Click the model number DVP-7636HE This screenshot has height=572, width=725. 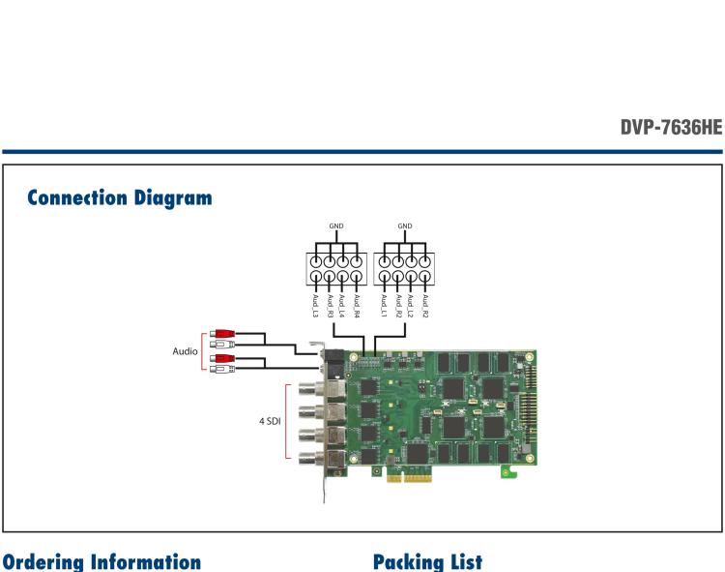click(x=670, y=126)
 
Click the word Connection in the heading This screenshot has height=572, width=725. click(x=76, y=198)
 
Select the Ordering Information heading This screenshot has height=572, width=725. click(x=101, y=561)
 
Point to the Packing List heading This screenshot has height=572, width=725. click(x=426, y=561)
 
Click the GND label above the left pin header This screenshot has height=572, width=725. click(x=336, y=226)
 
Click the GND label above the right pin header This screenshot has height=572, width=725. click(x=404, y=226)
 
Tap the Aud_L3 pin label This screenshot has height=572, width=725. click(x=316, y=307)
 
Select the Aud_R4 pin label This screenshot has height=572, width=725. click(x=357, y=307)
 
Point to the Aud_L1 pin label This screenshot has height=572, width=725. click(x=384, y=307)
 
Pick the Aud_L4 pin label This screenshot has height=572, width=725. click(x=343, y=307)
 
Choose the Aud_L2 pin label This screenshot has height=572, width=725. click(x=411, y=307)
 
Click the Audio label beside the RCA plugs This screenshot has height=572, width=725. click(x=186, y=350)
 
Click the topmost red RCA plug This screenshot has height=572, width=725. click(x=224, y=333)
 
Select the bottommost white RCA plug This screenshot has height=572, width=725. click(x=224, y=369)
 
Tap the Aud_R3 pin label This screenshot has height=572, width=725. click(x=330, y=307)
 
